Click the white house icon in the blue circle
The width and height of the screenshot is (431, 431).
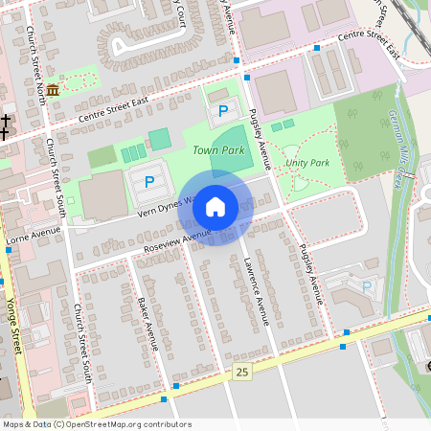click(x=215, y=207)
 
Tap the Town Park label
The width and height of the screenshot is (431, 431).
click(x=218, y=150)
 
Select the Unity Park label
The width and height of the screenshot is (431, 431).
click(x=307, y=163)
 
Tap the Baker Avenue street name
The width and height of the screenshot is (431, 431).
click(x=146, y=323)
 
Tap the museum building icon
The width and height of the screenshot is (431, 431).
click(x=51, y=89)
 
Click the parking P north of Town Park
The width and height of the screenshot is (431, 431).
click(x=223, y=111)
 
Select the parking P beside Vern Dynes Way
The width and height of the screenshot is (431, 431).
click(x=148, y=181)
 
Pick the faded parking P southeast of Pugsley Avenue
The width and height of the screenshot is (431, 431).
click(x=366, y=285)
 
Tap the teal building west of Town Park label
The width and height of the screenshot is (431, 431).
click(x=159, y=138)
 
